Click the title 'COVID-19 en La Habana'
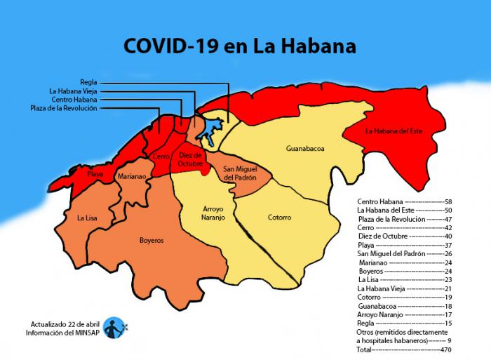coord(240,46)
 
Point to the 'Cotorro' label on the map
coord(279,218)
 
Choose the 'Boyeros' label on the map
coord(151,240)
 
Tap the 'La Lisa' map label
coord(88,219)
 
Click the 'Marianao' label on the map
coord(132,177)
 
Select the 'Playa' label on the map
coord(95,173)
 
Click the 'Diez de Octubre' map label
coord(190,159)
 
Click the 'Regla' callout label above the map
coord(89,82)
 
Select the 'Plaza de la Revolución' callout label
coord(65,108)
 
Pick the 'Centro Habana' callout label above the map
coord(75,100)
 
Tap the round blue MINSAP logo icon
coord(114,328)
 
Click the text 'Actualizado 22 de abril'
coord(65,324)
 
